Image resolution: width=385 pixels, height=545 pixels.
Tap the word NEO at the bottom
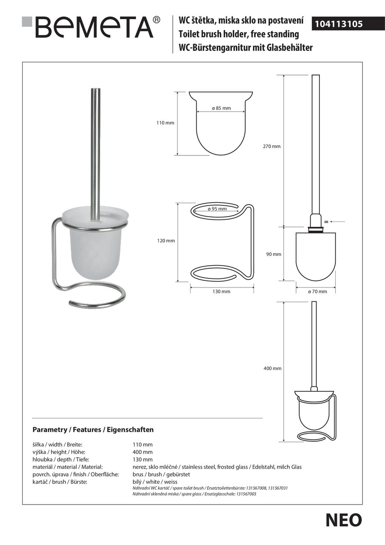(344, 520)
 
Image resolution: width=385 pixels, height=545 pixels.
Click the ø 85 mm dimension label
(221, 108)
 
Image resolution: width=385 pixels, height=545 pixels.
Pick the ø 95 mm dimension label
(217, 209)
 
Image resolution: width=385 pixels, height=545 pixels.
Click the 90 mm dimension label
(274, 254)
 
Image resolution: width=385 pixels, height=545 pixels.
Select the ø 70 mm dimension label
(317, 291)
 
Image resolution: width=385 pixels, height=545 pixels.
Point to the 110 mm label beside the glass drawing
(165, 123)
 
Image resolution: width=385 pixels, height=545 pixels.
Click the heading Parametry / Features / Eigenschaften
(93, 430)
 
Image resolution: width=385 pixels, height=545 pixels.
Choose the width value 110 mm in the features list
(143, 445)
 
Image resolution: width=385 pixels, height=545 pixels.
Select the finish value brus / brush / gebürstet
(161, 474)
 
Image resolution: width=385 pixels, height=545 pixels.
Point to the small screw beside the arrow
(325, 221)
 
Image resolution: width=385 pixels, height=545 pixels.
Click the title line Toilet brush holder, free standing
(239, 34)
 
